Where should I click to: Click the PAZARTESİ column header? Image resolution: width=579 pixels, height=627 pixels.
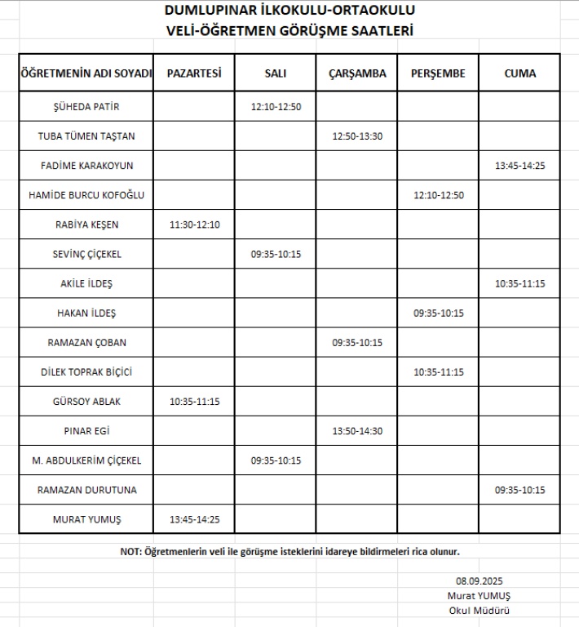pyautogui.click(x=194, y=73)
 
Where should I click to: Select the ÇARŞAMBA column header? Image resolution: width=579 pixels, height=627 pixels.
pyautogui.click(x=357, y=73)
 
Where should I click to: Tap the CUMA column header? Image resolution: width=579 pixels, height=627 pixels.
pyautogui.click(x=519, y=73)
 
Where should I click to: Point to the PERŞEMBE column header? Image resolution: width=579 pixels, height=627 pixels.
pyautogui.click(x=438, y=73)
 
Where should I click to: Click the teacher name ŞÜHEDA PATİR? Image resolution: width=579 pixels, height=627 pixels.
pyautogui.click(x=86, y=107)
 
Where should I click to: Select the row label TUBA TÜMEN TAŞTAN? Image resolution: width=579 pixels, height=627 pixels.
pyautogui.click(x=86, y=136)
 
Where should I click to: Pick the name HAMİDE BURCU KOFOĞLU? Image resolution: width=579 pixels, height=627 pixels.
pyautogui.click(x=86, y=195)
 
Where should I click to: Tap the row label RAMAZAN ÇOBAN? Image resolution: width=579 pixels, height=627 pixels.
pyautogui.click(x=86, y=343)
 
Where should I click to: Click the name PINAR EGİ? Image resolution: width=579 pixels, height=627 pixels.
pyautogui.click(x=86, y=431)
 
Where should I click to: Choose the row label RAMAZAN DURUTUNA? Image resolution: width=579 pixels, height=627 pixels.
pyautogui.click(x=86, y=490)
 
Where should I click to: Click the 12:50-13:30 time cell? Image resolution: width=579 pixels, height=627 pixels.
pyautogui.click(x=357, y=136)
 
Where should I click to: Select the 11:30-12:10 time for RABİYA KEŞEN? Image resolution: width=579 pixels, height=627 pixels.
pyautogui.click(x=194, y=225)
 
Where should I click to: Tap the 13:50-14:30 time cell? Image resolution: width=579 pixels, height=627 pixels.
pyautogui.click(x=357, y=431)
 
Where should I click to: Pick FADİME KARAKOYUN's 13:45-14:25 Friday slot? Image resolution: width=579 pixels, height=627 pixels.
pyautogui.click(x=519, y=166)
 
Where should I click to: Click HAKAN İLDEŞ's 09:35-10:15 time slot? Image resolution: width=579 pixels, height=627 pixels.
pyautogui.click(x=438, y=313)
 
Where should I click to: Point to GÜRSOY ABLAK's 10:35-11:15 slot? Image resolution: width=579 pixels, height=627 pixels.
pyautogui.click(x=194, y=402)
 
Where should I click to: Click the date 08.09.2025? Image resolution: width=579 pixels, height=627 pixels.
pyautogui.click(x=480, y=581)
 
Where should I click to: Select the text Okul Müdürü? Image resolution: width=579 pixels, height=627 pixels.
pyautogui.click(x=480, y=611)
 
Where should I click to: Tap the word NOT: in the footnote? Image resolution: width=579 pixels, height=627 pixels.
pyautogui.click(x=131, y=552)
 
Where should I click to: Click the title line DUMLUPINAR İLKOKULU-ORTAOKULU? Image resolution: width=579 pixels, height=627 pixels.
pyautogui.click(x=289, y=11)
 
